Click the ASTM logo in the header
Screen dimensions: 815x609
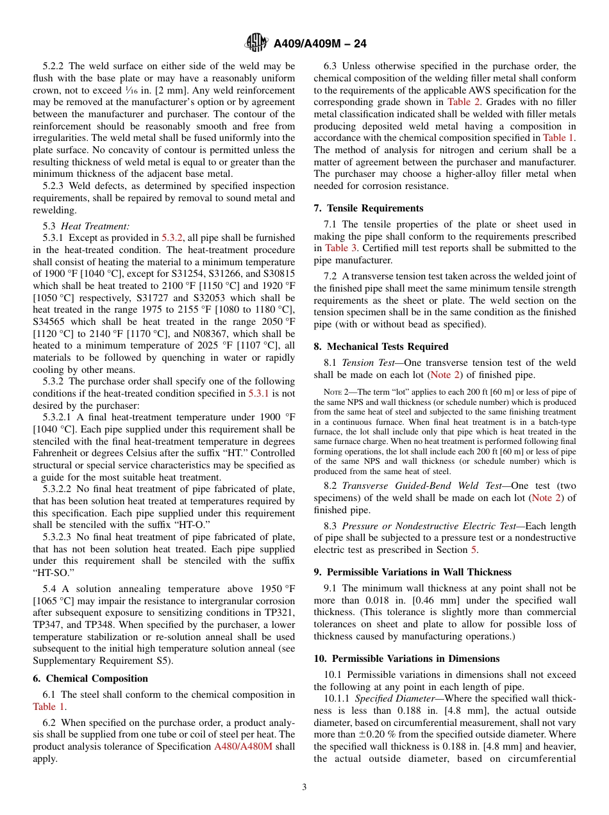[x=256, y=44]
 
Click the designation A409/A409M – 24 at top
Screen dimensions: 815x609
[x=320, y=44]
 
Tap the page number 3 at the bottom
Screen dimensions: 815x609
[x=304, y=787]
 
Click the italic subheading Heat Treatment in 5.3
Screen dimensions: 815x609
[x=95, y=226]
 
